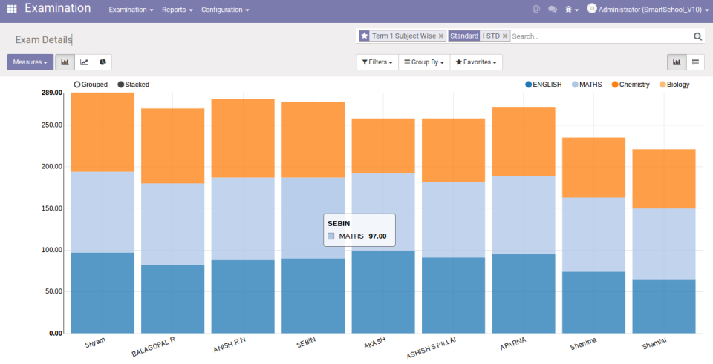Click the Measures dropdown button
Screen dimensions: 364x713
(30, 62)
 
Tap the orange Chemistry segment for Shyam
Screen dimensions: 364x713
(102, 132)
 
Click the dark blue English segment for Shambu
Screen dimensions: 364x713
(663, 306)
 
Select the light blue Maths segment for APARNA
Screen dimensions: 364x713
(523, 215)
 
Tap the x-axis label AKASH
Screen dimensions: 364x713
(374, 343)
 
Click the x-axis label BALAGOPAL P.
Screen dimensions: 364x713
(153, 345)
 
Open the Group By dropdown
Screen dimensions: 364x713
(423, 62)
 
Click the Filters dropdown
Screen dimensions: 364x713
(377, 62)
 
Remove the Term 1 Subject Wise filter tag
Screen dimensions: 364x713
(441, 36)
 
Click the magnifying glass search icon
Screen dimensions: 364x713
(697, 36)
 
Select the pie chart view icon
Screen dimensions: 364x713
(103, 62)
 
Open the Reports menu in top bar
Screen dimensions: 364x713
(177, 10)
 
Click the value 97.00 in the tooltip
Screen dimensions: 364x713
(377, 236)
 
